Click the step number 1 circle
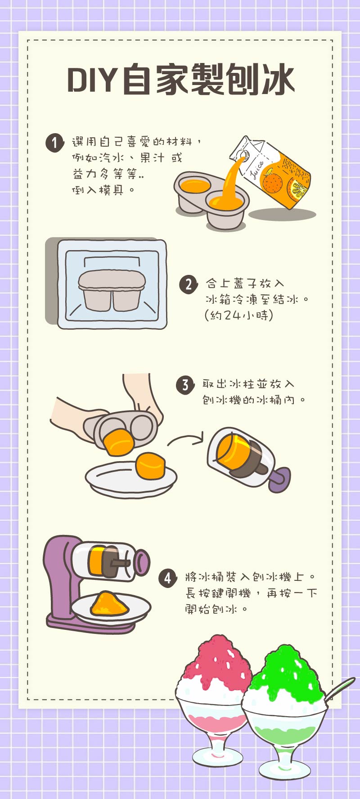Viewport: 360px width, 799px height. [x=54, y=143]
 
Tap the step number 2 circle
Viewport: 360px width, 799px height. [x=188, y=284]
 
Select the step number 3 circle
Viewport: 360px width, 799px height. [x=185, y=385]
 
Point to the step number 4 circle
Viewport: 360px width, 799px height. [x=167, y=578]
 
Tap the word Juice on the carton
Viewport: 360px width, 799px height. [x=257, y=170]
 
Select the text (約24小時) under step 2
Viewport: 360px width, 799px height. [x=239, y=315]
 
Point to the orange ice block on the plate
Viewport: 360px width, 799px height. [x=151, y=466]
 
